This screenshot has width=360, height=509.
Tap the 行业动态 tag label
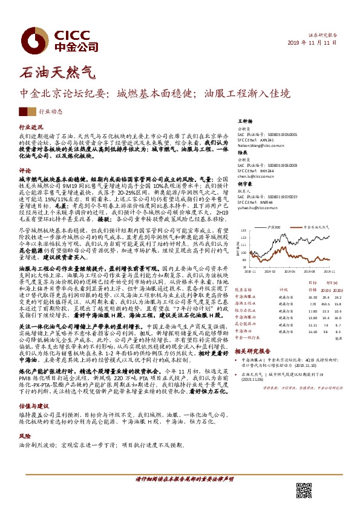coord(51,112)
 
